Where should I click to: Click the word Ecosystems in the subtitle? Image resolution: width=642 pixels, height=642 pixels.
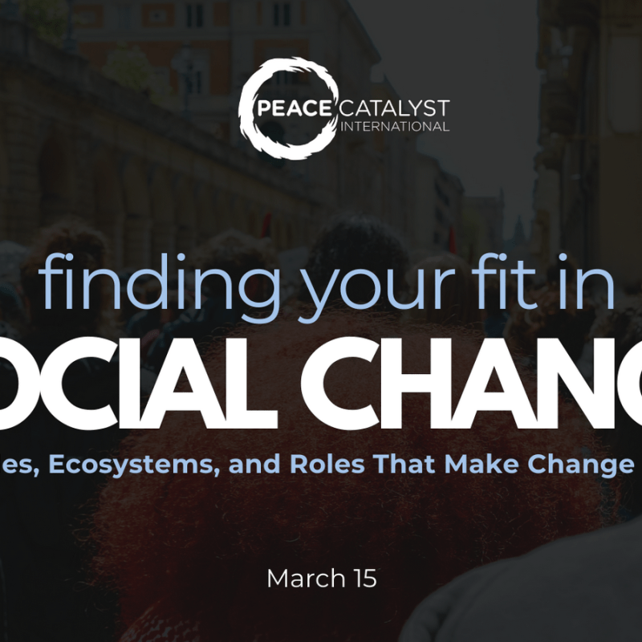[x=124, y=465]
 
